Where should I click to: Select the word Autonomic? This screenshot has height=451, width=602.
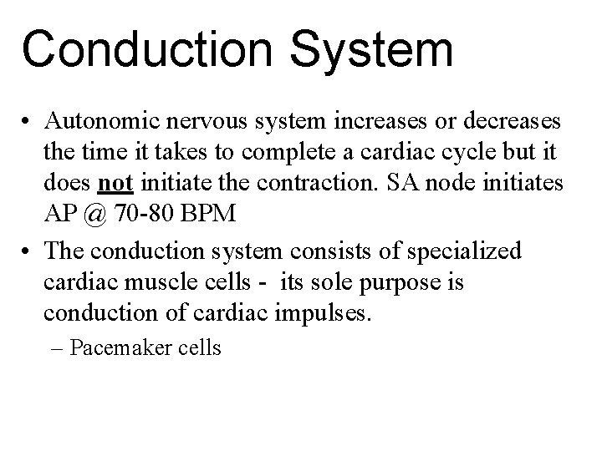coord(97,124)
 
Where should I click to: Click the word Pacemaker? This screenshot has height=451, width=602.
coord(115,348)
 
